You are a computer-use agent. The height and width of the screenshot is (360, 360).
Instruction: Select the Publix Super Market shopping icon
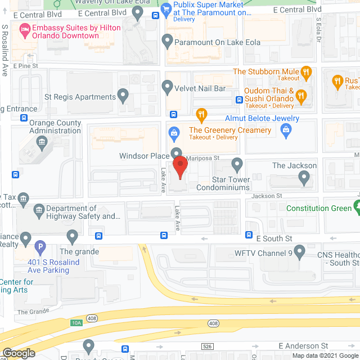pyautogui.click(x=166, y=8)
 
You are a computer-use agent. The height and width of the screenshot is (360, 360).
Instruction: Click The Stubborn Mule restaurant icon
pyautogui.click(x=306, y=71)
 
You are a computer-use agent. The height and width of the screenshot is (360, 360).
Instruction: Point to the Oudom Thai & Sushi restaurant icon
pyautogui.click(x=300, y=95)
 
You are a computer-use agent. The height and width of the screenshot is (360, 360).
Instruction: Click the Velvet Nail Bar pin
pyautogui.click(x=166, y=87)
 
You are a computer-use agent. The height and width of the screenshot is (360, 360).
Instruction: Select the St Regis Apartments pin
pyautogui.click(x=124, y=96)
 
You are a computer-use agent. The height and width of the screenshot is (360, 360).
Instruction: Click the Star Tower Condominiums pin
pyautogui.click(x=237, y=165)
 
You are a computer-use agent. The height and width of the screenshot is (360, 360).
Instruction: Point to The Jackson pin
pyautogui.click(x=304, y=178)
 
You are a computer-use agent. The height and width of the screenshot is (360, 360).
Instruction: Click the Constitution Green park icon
pyautogui.click(x=356, y=208)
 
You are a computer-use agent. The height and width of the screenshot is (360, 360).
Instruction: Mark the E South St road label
pyautogui.click(x=274, y=238)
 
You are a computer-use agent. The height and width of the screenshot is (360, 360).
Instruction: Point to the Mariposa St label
pyautogui.click(x=203, y=159)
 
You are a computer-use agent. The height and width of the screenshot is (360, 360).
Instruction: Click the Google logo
pyautogui.click(x=19, y=353)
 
